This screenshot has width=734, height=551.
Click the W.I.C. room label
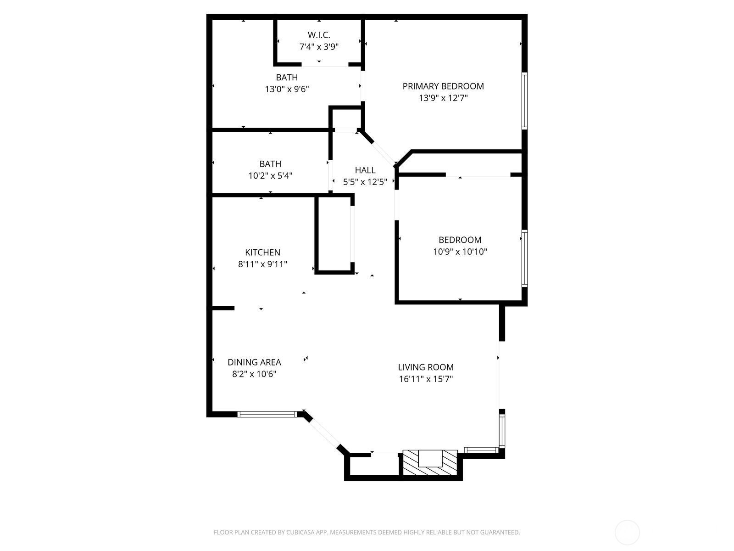[x=319, y=35]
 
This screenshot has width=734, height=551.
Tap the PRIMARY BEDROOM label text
[x=443, y=86]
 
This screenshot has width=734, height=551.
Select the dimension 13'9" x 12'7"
[x=443, y=98]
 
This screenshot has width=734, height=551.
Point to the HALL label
[x=365, y=170]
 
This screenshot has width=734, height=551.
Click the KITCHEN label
[x=262, y=252]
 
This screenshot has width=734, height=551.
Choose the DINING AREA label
[x=254, y=362]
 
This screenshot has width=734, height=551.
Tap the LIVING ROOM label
[x=426, y=367]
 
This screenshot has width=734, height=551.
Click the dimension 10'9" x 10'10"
[x=460, y=252]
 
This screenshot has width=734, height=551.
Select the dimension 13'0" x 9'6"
[x=287, y=90]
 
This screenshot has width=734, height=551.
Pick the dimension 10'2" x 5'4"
[x=270, y=176]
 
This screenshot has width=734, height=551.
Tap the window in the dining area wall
[x=267, y=414]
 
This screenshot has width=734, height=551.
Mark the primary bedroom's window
[x=525, y=101]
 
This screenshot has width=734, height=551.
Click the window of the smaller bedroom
[x=525, y=258]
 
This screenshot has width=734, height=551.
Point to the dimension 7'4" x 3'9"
[x=319, y=47]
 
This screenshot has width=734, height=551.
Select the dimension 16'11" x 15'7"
[x=426, y=379]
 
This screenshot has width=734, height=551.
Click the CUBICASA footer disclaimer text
[x=367, y=532]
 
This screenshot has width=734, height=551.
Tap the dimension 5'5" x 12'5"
[x=365, y=182]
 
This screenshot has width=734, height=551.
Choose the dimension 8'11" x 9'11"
[x=262, y=264]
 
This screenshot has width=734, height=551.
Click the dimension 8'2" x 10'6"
[x=254, y=374]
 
